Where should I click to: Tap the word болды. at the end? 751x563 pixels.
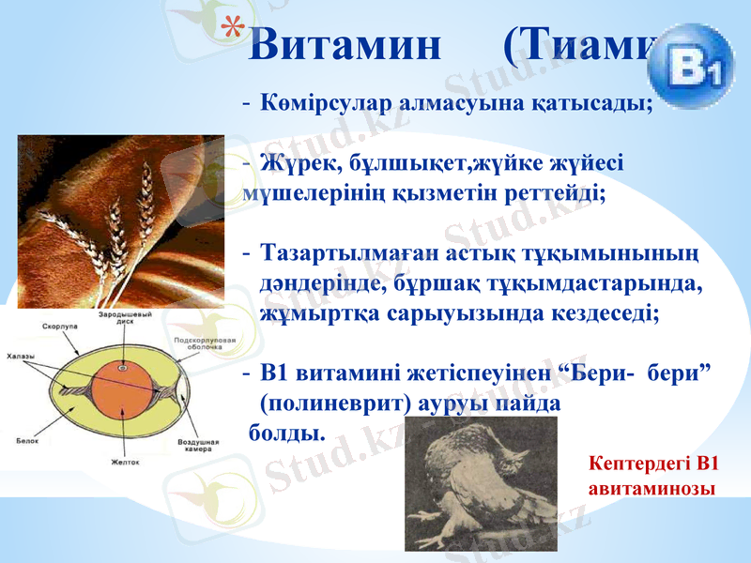(287, 433)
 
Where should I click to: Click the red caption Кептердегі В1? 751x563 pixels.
(652, 463)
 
